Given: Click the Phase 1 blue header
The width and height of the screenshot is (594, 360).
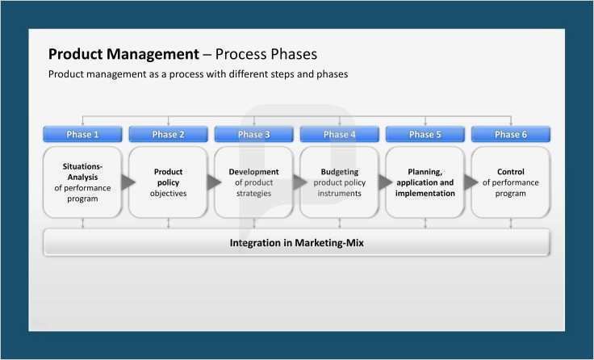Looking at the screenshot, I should (83, 134).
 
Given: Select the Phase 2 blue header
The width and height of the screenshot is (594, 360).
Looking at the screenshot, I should (169, 134).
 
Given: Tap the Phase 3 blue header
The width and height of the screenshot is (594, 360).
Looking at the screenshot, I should (254, 134).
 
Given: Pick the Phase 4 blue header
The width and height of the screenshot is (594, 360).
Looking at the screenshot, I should (340, 134).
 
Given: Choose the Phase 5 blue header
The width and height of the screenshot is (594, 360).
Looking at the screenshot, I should (425, 134).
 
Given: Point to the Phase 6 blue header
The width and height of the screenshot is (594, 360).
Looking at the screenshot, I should (511, 134).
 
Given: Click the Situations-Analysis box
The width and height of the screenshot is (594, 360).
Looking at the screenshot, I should (82, 182).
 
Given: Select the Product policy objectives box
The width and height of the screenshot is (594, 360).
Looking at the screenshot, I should (168, 182).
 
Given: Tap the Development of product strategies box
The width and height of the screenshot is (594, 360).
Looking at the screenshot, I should (253, 182).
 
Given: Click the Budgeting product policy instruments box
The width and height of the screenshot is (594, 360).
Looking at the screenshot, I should (339, 182).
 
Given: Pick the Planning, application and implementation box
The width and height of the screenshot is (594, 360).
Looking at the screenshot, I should (425, 182).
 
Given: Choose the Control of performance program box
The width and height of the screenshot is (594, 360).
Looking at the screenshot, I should (511, 182).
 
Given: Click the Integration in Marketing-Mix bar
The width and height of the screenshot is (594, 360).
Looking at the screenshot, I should (296, 242).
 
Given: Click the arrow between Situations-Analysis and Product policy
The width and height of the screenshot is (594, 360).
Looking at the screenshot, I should (128, 182).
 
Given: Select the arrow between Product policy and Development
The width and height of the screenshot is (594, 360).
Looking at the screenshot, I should (213, 182).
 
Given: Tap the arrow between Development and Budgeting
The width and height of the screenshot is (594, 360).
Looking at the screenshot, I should (299, 182).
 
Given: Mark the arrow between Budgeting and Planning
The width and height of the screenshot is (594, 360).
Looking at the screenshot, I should (385, 182).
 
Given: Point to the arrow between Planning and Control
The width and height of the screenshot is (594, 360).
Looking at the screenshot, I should (470, 182).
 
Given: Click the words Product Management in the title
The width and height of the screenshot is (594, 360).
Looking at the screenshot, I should (123, 54).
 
